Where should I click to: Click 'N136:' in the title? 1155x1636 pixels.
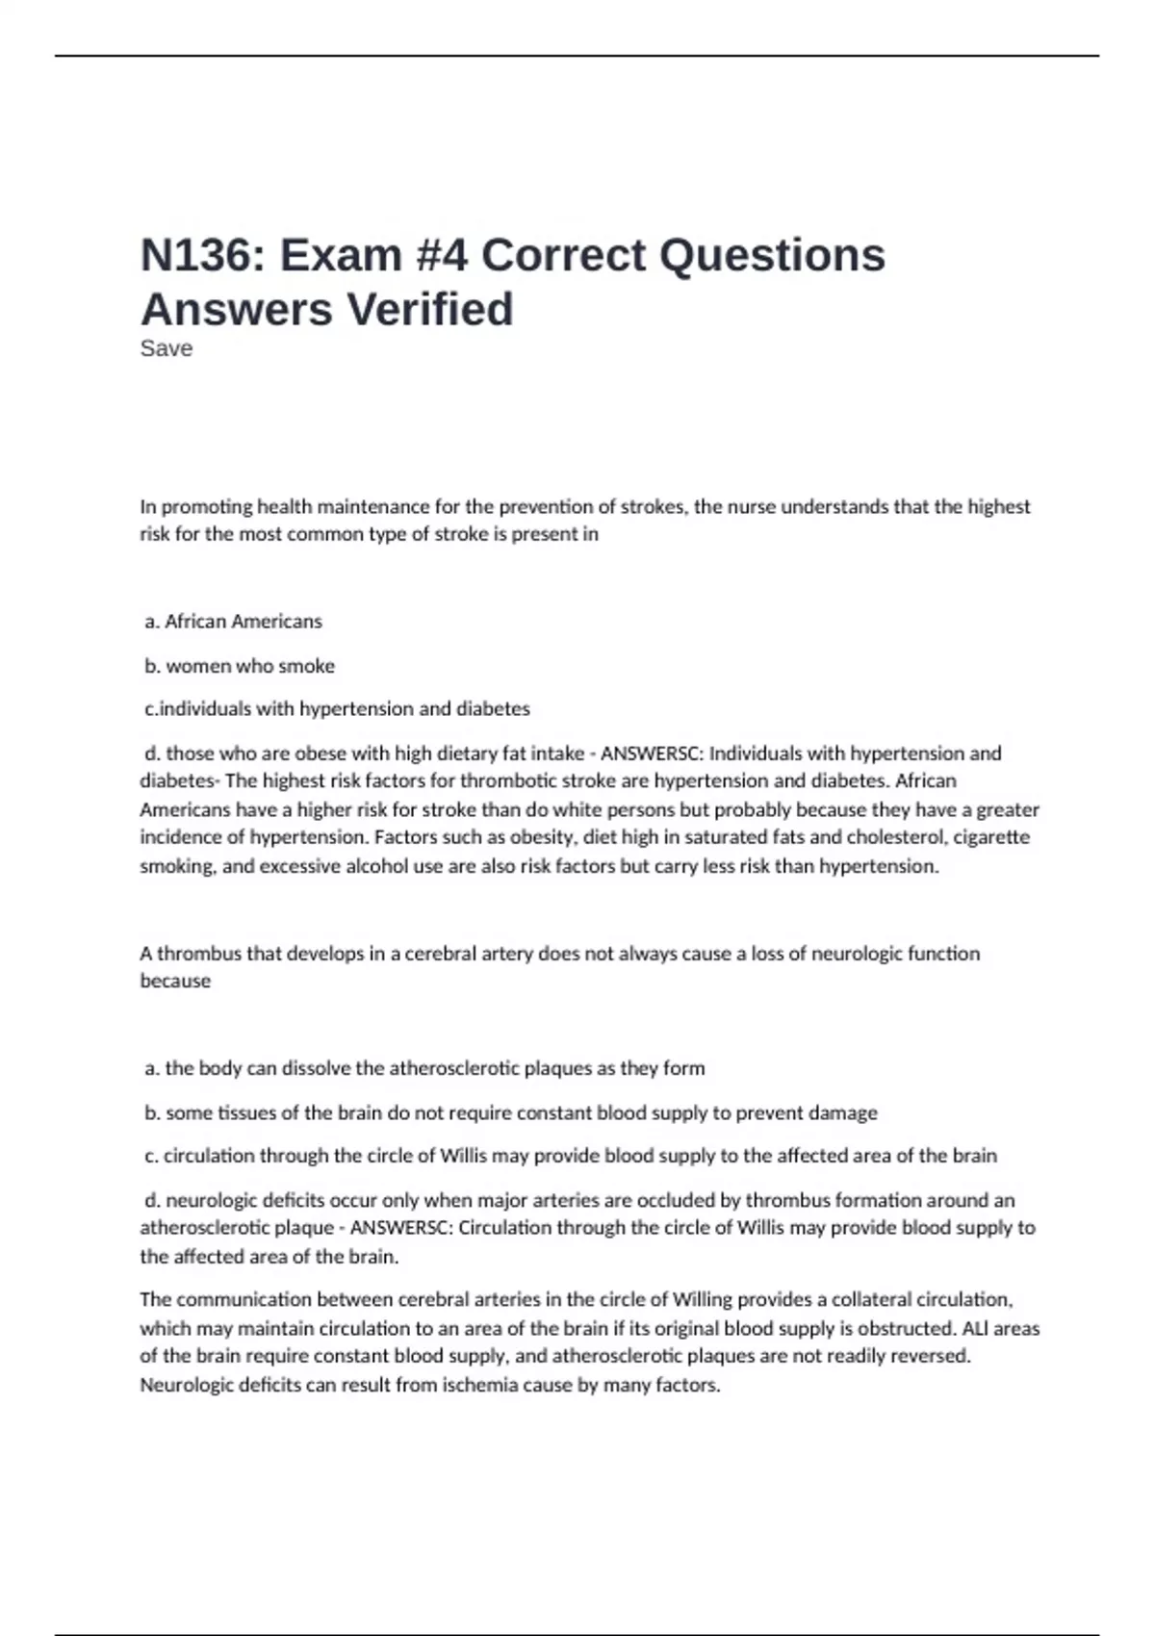pyautogui.click(x=203, y=255)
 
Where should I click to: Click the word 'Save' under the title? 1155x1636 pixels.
pyautogui.click(x=166, y=348)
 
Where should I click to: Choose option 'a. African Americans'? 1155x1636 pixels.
pyautogui.click(x=233, y=622)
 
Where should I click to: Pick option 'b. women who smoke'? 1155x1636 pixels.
pyautogui.click(x=240, y=666)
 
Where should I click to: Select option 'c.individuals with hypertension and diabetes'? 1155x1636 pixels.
pyautogui.click(x=337, y=709)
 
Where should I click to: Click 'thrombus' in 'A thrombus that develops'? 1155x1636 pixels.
pyautogui.click(x=198, y=954)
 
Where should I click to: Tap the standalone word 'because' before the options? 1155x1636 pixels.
pyautogui.click(x=175, y=982)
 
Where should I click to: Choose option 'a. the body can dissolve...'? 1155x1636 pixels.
pyautogui.click(x=424, y=1068)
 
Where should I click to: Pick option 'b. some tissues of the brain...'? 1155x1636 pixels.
pyautogui.click(x=510, y=1113)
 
